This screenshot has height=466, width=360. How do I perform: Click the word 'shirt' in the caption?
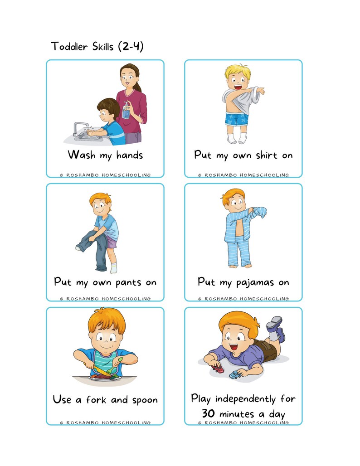click(267, 155)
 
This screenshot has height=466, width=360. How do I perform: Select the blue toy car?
click(235, 374)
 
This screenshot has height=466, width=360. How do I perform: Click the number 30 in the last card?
click(208, 414)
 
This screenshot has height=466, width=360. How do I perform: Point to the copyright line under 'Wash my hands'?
click(105, 175)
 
